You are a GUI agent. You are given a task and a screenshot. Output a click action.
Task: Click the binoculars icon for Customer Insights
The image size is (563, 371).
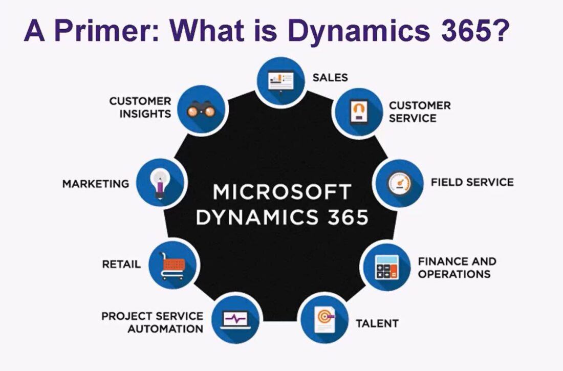click(199, 110)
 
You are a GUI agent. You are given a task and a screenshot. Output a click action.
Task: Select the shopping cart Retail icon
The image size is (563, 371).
click(173, 265)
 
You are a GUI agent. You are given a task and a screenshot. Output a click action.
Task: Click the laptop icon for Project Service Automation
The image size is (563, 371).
click(235, 320)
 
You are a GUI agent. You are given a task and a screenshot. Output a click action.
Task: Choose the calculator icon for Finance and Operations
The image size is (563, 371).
click(386, 267)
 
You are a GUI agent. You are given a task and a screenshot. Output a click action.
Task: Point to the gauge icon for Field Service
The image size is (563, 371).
click(399, 184)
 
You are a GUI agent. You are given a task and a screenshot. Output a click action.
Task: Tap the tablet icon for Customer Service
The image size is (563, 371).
click(358, 112)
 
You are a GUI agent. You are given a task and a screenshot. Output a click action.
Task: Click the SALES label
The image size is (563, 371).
click(330, 77)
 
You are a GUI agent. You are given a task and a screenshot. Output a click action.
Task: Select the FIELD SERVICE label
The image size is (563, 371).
click(472, 182)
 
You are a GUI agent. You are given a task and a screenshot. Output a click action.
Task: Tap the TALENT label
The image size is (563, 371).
click(377, 323)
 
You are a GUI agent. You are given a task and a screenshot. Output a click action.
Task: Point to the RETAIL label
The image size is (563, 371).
click(121, 265)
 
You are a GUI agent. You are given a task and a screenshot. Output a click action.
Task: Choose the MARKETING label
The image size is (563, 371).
click(96, 183)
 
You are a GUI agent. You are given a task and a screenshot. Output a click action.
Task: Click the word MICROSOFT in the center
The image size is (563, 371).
click(281, 192)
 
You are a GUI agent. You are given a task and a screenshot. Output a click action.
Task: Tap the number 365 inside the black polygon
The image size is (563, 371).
click(347, 217)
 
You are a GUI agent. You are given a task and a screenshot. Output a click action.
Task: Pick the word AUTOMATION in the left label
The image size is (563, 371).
click(165, 329)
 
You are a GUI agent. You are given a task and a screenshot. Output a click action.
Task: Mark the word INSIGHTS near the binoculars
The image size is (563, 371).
click(145, 114)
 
